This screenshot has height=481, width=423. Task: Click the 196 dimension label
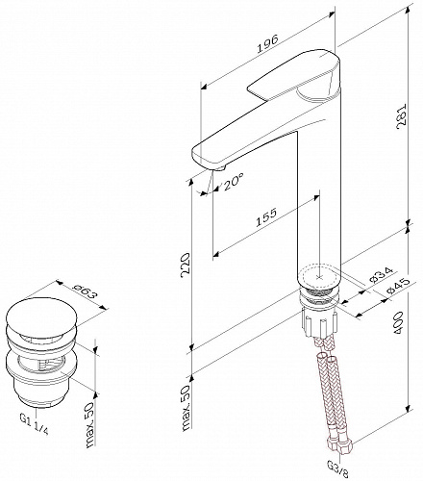pyautogui.click(x=267, y=43)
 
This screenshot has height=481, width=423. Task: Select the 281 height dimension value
pyautogui.click(x=401, y=116)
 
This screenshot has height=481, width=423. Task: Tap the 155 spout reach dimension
pyautogui.click(x=266, y=217)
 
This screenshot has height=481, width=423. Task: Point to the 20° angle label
pyautogui.click(x=233, y=183)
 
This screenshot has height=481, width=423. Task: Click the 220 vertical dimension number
pyautogui.click(x=186, y=266)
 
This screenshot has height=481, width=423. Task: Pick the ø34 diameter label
pyautogui.click(x=381, y=275)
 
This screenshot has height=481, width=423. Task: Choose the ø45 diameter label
pyautogui.click(x=398, y=286)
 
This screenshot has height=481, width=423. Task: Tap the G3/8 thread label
pyautogui.click(x=337, y=470)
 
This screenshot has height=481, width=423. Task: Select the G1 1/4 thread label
pyautogui.click(x=35, y=423)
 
